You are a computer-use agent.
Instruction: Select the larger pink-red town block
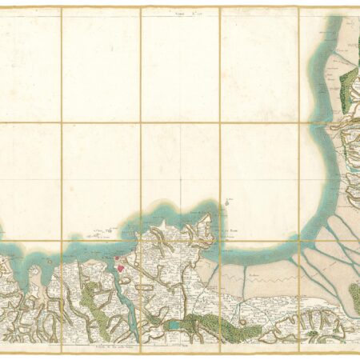click(x=121, y=269)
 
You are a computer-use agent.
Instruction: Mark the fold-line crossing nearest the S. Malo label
click(x=141, y=241)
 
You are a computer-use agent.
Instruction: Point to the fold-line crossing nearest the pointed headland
click(x=220, y=241)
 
